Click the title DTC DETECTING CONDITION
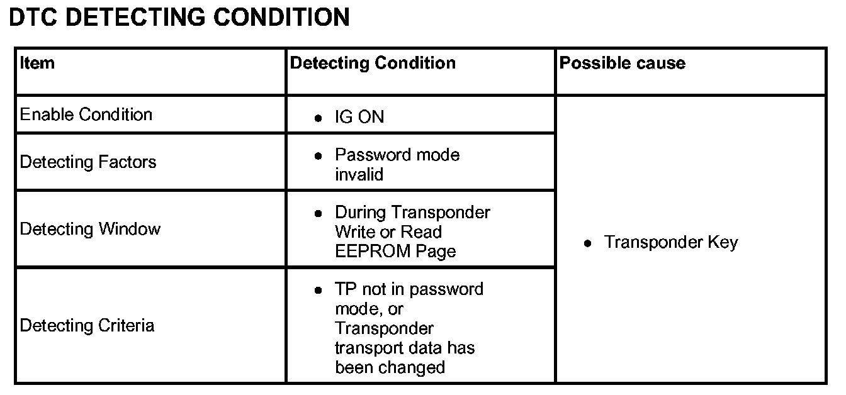[179, 18]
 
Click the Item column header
[37, 63]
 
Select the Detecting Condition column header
[373, 63]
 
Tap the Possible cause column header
[622, 63]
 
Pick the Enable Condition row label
[86, 114]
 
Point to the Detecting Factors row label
[88, 162]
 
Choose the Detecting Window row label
[91, 229]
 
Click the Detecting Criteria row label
[87, 325]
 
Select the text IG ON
[359, 117]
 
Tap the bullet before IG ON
[319, 118]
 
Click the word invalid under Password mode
[359, 174]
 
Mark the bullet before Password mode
[319, 155]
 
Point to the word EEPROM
[373, 251]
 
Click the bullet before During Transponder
[319, 213]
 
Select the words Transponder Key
[671, 242]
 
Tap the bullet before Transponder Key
[587, 243]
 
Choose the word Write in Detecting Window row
[354, 231]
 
